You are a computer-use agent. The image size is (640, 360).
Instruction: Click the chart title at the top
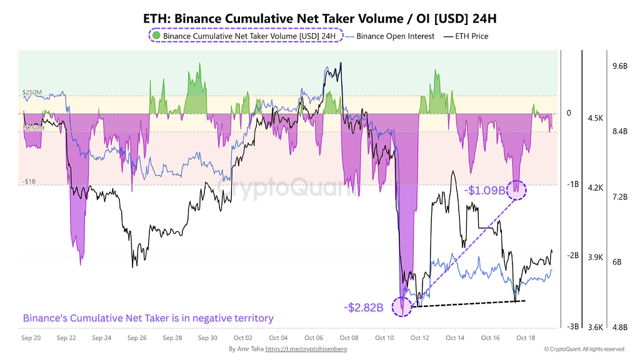coord(319,18)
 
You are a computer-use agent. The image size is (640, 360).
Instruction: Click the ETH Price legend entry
coord(467,36)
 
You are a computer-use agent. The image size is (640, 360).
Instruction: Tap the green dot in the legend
coord(156,36)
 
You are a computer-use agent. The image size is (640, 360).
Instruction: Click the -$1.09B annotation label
coord(486,189)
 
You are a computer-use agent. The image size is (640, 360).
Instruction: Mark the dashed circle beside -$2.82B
coord(401,306)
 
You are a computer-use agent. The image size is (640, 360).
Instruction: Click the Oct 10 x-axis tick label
coord(384,337)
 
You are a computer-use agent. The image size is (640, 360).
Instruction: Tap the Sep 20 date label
coord(31,337)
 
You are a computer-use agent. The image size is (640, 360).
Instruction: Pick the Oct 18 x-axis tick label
coord(525,337)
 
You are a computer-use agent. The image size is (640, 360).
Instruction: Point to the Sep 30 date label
coord(207,337)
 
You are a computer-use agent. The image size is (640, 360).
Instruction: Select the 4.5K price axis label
coord(595,118)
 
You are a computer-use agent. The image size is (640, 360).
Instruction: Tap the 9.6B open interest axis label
coord(619,66)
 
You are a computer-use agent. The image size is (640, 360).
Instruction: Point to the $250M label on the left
coord(32,92)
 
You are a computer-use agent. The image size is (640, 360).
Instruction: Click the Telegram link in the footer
coord(306,349)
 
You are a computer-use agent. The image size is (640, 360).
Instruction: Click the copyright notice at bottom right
coord(584,349)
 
